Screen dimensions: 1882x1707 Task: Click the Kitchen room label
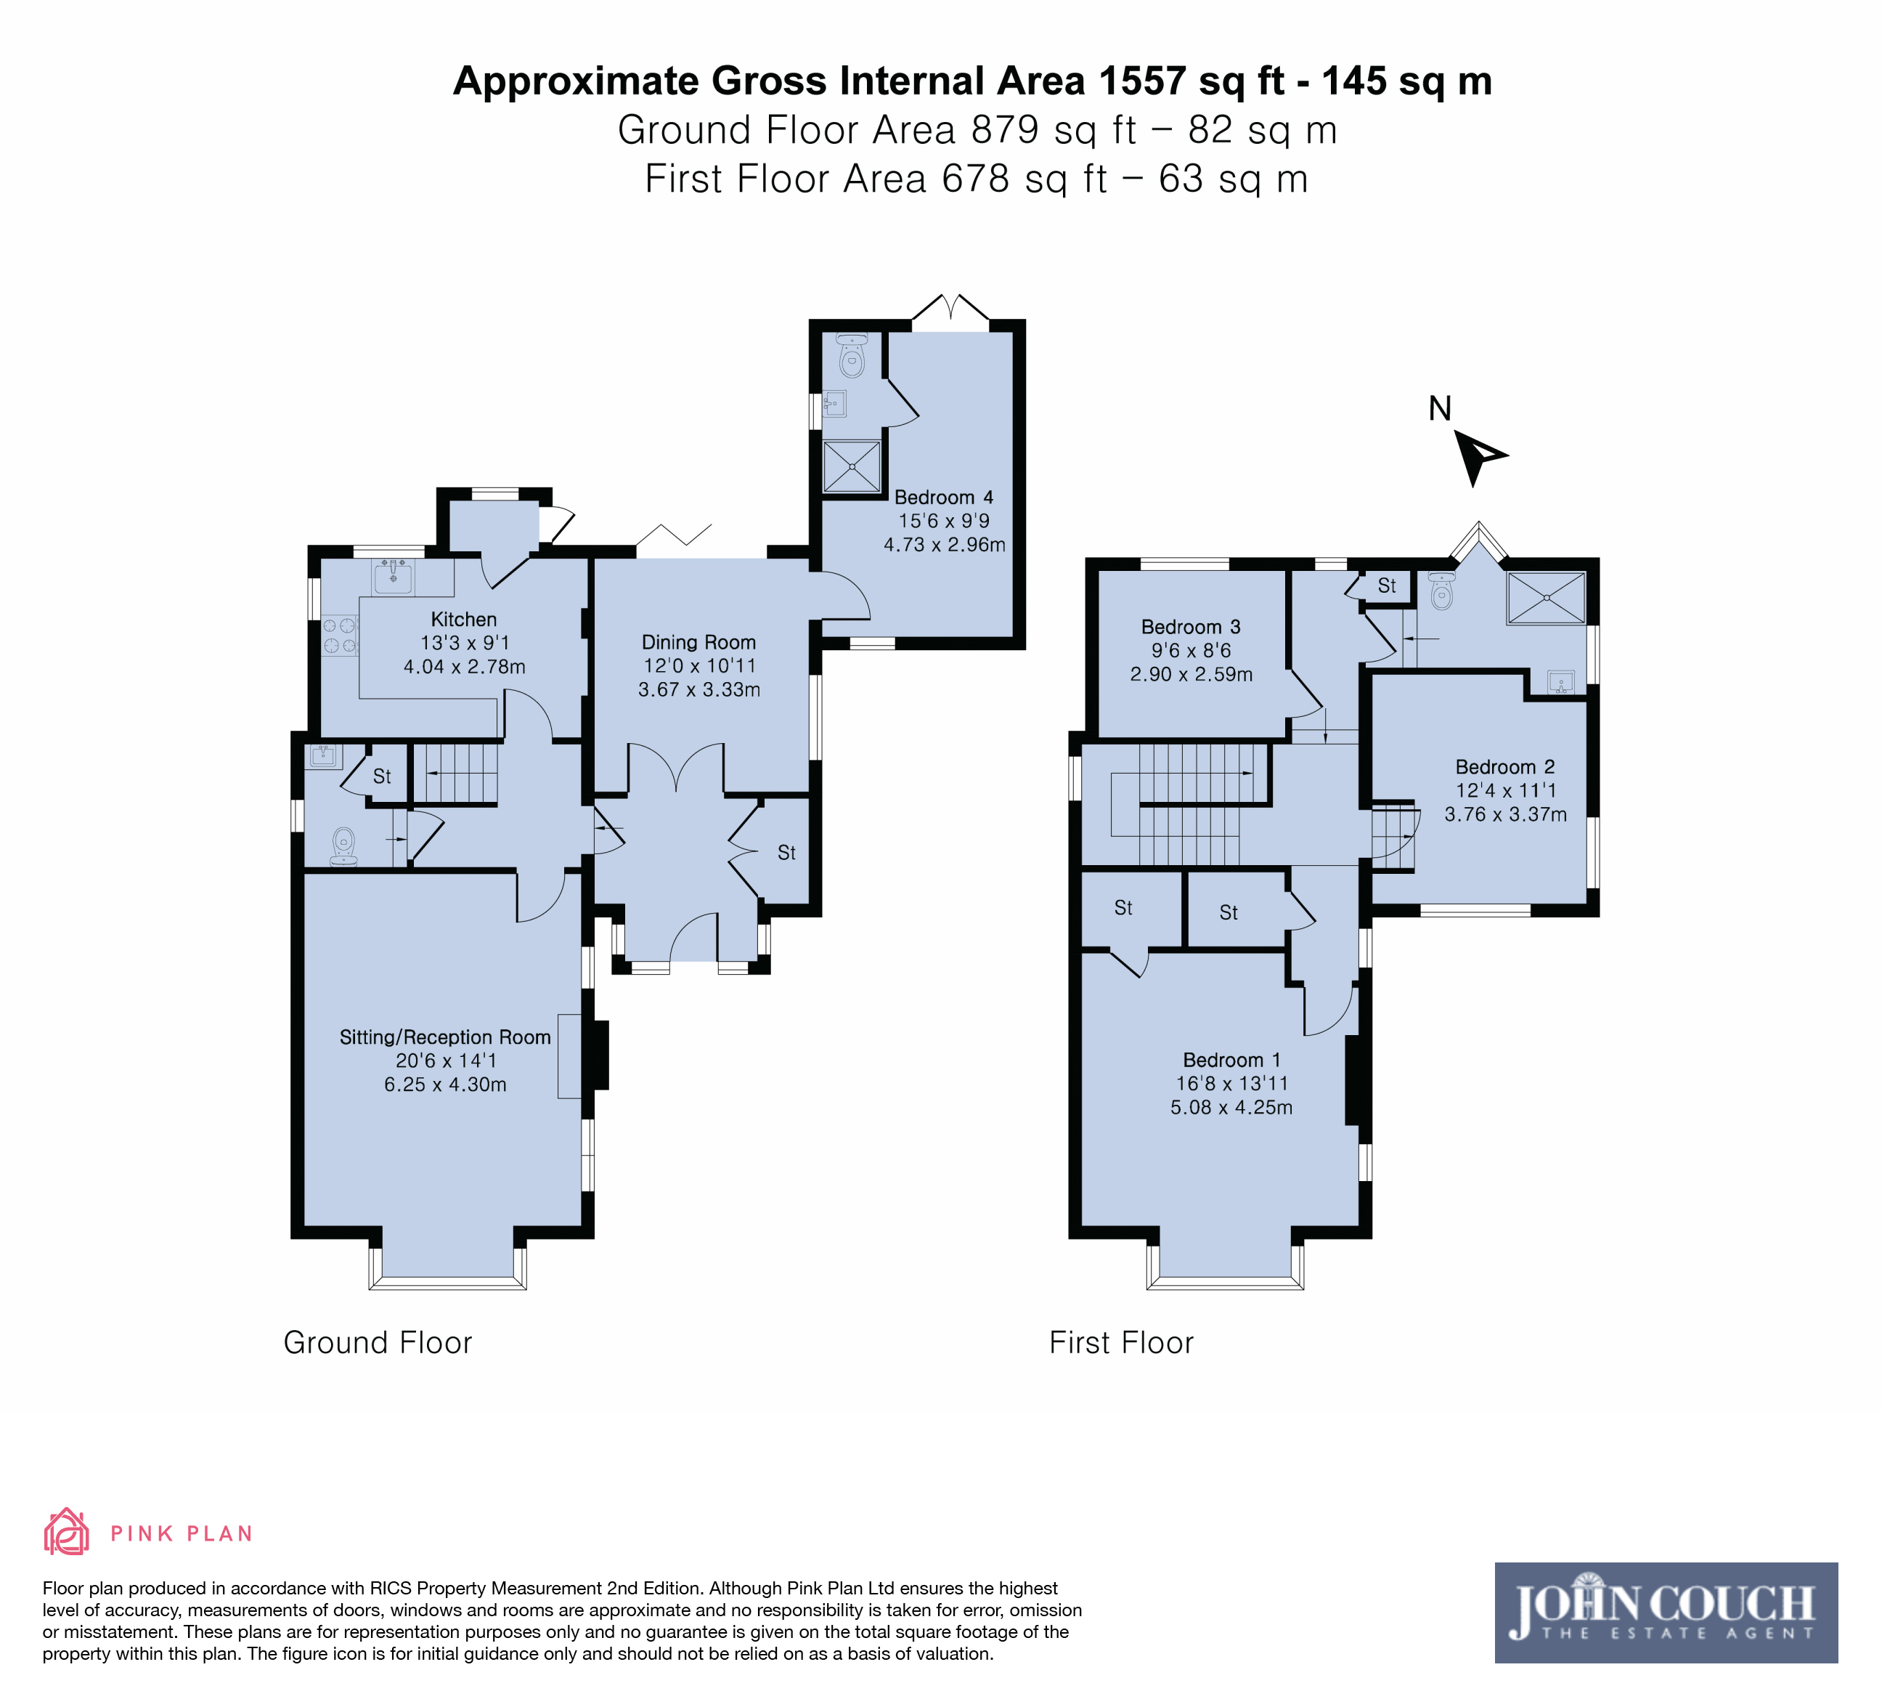[464, 619]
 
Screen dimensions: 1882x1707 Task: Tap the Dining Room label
[698, 642]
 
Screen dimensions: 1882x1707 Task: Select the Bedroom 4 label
[944, 498]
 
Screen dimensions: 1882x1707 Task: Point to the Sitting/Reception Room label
[445, 1037]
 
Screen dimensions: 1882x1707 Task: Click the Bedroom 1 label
[1231, 1060]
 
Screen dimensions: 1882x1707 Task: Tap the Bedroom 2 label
[1505, 766]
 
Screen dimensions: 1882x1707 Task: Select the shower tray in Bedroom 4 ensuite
[852, 466]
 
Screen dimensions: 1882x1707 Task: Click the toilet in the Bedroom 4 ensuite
[852, 355]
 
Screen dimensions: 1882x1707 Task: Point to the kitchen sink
[393, 577]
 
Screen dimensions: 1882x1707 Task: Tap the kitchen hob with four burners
[340, 635]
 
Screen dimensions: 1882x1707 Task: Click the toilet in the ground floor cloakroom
[344, 847]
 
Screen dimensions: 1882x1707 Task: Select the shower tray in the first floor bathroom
[1546, 599]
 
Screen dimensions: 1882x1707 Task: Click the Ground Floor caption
[378, 1343]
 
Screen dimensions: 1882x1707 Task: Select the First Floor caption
[1121, 1343]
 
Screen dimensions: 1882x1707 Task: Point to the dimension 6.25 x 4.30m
[445, 1085]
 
